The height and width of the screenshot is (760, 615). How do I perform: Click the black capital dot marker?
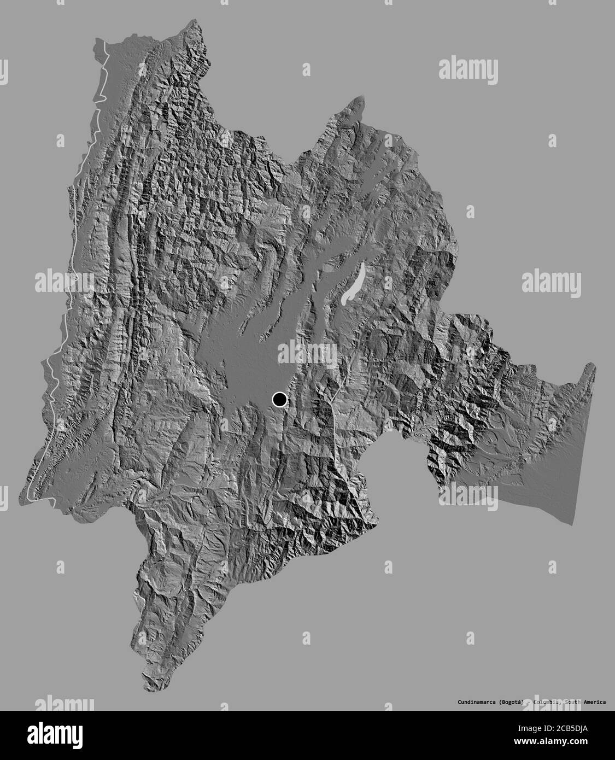pos(280,400)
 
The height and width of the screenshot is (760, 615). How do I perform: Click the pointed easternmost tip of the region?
pos(594,365)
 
